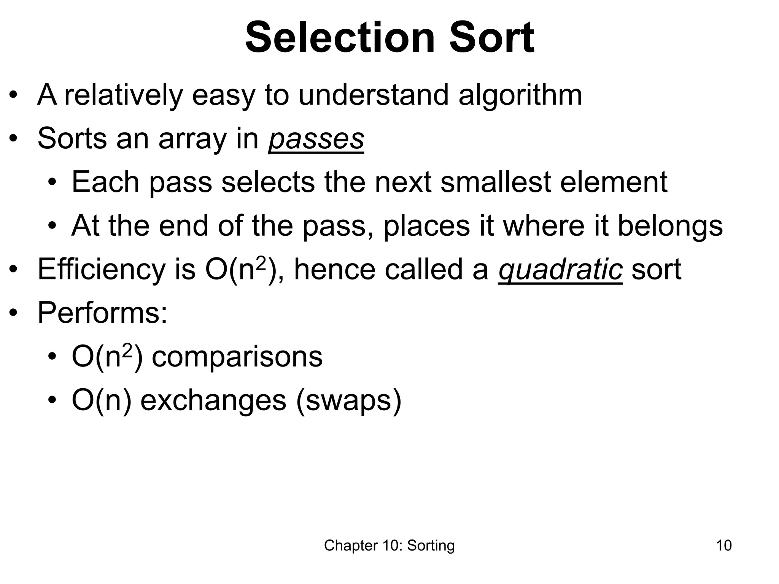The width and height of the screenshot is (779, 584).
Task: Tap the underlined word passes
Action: [x=316, y=139]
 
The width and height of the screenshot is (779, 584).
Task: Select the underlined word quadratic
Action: [x=560, y=270]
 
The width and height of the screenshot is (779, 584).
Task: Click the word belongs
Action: [x=670, y=226]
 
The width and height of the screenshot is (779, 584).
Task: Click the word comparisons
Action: [x=237, y=357]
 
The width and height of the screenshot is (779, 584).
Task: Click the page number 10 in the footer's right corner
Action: [x=723, y=546]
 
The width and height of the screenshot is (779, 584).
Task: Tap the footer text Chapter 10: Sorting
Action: [x=389, y=546]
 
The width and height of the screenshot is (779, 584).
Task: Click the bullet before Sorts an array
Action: [x=14, y=139]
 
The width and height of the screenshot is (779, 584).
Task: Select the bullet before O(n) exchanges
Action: [x=52, y=401]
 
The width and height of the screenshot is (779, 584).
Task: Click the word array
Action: [x=192, y=139]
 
